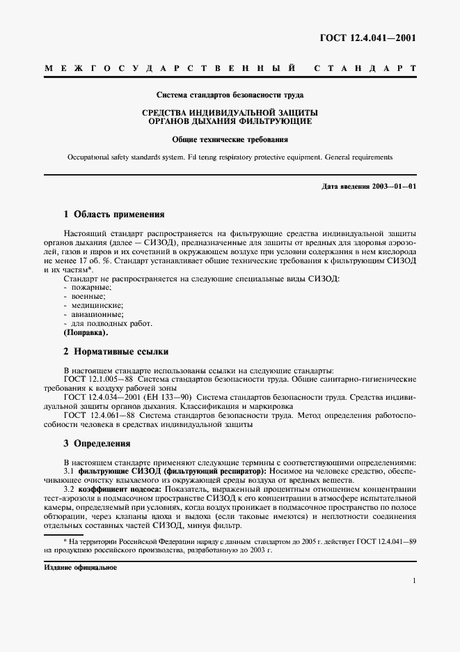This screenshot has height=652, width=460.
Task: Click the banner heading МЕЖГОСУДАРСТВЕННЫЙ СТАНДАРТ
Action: [230, 69]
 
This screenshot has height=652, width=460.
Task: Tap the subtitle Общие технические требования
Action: [230, 140]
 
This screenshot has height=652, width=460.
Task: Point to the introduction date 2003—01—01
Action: [395, 186]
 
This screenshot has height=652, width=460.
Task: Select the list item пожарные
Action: [87, 287]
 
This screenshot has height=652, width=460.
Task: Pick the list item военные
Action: [85, 296]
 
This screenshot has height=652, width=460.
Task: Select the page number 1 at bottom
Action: [414, 581]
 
